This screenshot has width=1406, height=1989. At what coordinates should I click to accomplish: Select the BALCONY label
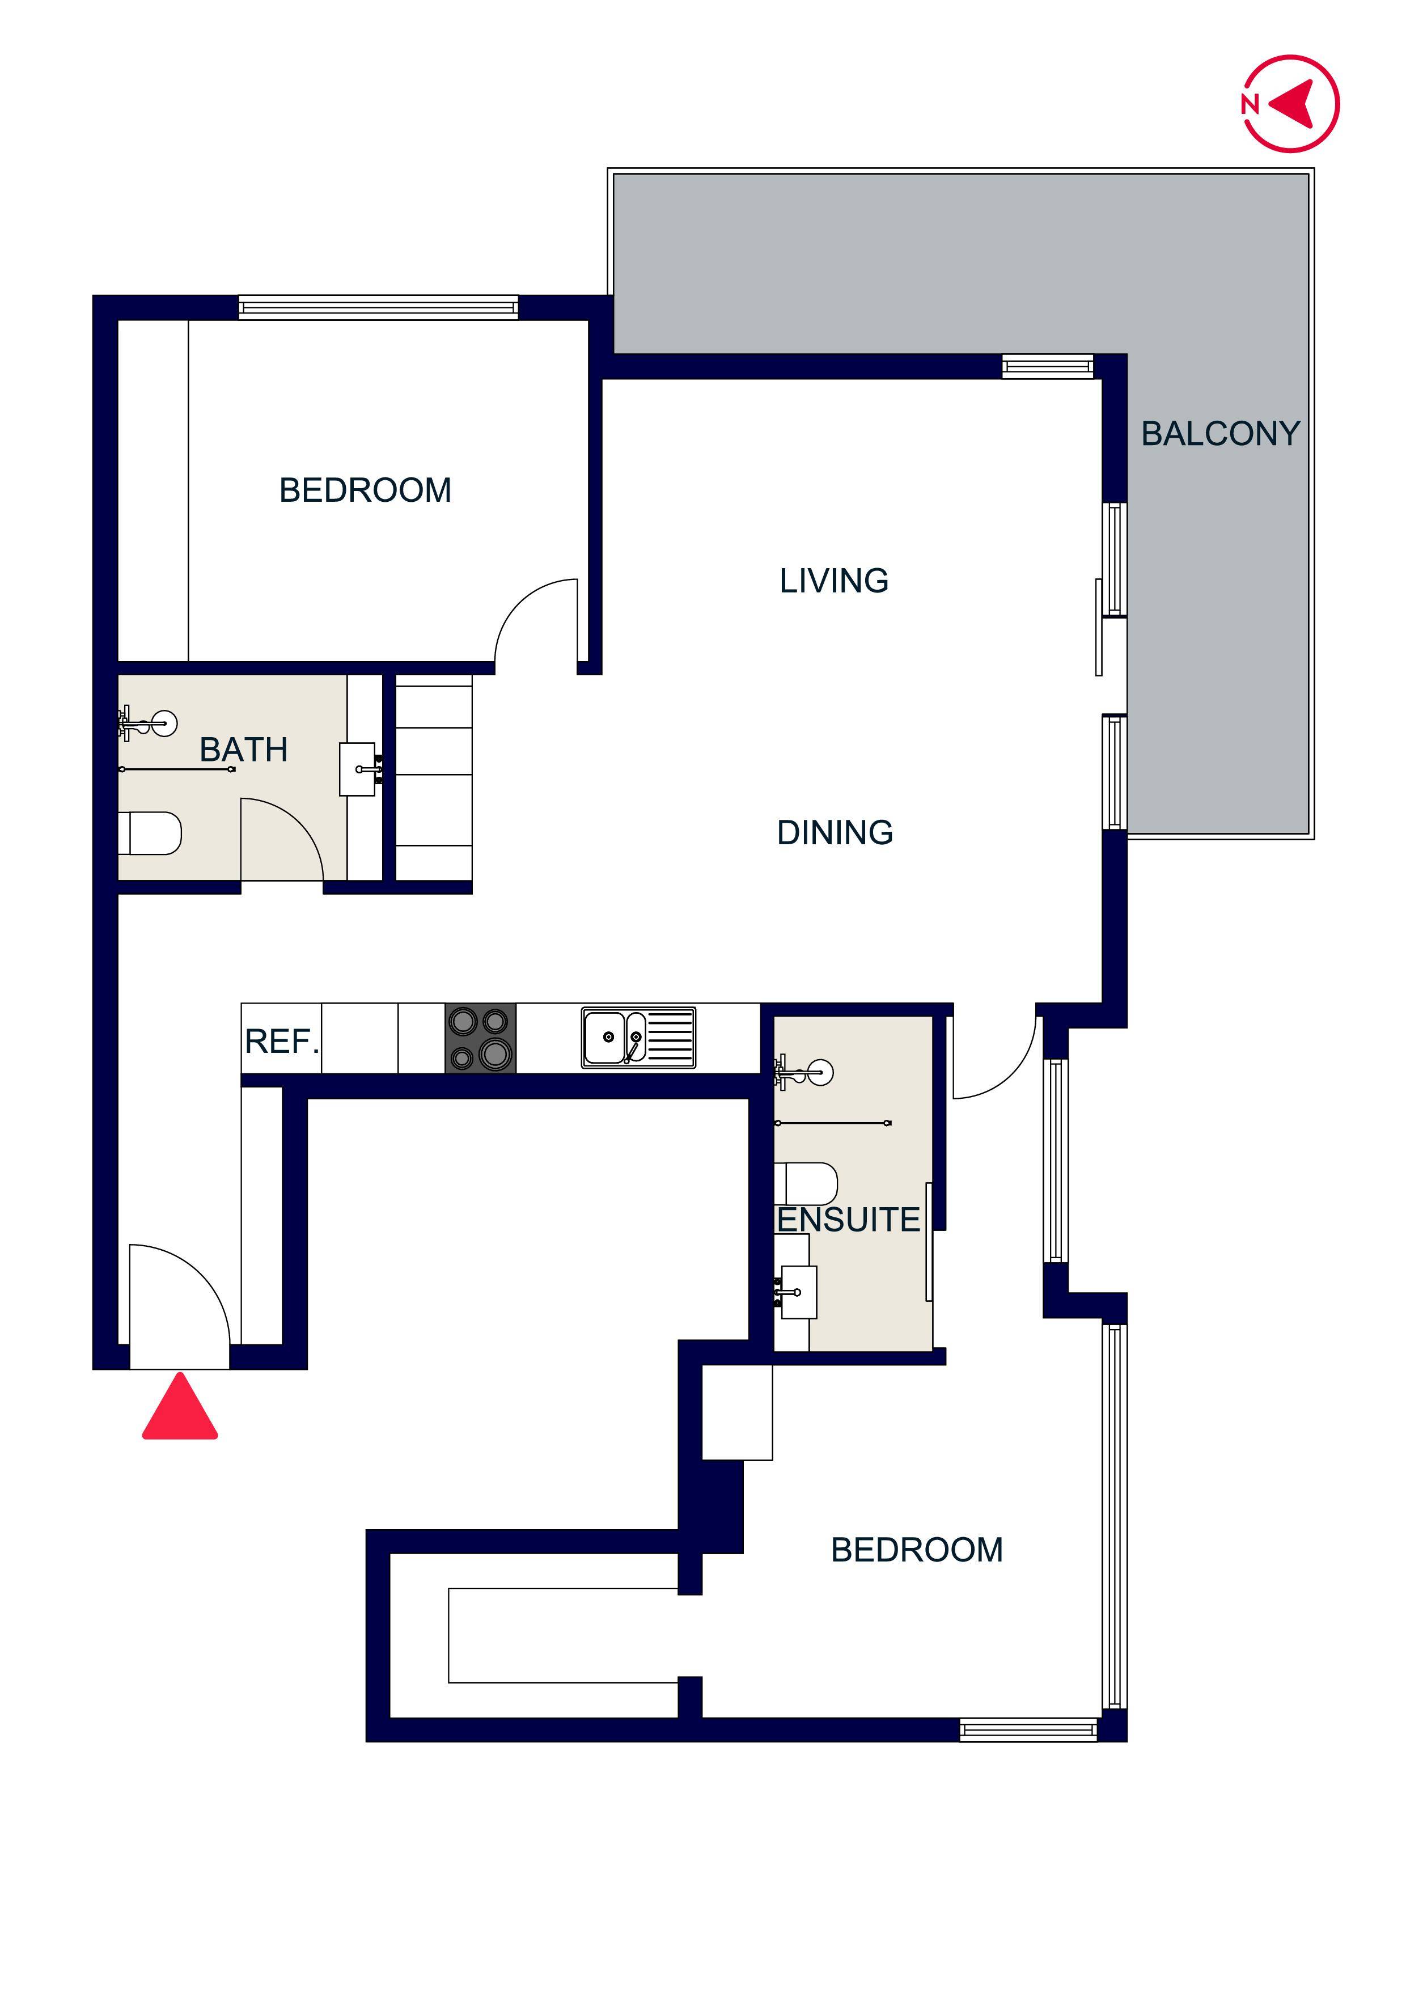click(1219, 434)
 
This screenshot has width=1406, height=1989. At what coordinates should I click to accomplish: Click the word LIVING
click(833, 581)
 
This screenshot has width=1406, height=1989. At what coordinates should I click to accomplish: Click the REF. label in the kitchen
click(282, 1042)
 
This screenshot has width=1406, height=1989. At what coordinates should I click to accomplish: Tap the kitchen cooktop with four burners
click(480, 1038)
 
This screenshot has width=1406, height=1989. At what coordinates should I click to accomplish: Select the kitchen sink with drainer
click(638, 1037)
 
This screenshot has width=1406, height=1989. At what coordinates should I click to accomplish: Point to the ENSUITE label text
click(847, 1220)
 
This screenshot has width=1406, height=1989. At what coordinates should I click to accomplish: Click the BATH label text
click(243, 750)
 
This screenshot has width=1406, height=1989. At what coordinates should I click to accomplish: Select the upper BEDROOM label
click(365, 490)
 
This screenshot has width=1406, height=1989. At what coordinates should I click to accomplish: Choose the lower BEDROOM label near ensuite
click(917, 1550)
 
